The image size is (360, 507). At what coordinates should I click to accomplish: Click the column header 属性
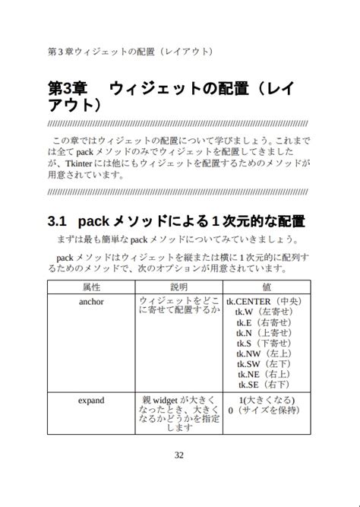(x=91, y=287)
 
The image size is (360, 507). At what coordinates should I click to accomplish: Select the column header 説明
(x=179, y=287)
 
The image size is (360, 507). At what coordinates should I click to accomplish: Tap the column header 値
(x=267, y=287)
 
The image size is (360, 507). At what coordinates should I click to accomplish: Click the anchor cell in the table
(x=91, y=302)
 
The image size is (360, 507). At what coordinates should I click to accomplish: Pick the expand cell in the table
(x=91, y=400)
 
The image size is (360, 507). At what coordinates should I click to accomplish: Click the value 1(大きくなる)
(x=267, y=400)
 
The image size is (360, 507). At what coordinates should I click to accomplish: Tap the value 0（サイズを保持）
(x=262, y=410)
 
